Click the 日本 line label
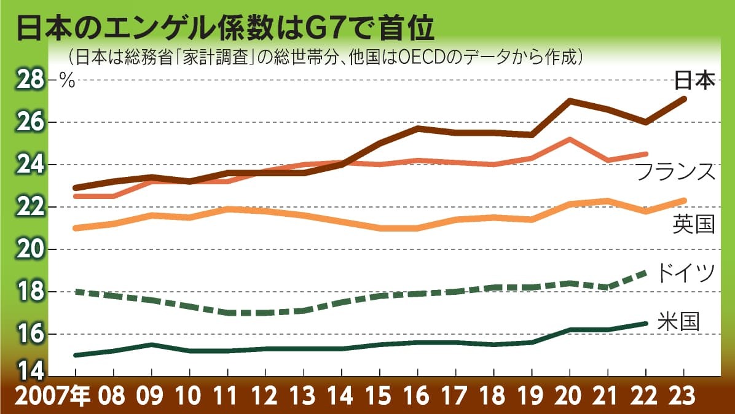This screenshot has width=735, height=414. (x=694, y=80)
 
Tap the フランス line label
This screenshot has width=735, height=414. (x=675, y=172)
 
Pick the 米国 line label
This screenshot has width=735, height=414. (x=678, y=321)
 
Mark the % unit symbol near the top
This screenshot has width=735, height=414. (x=66, y=80)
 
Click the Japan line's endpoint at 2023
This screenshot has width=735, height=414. (x=684, y=98)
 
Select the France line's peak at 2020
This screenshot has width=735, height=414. (x=570, y=139)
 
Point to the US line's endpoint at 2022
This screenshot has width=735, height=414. (x=646, y=323)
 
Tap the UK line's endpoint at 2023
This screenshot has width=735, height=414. (x=684, y=200)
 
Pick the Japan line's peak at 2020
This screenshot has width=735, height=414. (x=570, y=101)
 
